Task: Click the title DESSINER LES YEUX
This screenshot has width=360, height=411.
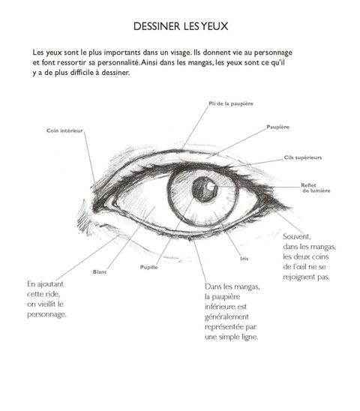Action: tap(181, 26)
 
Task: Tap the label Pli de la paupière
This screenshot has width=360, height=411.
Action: tap(231, 103)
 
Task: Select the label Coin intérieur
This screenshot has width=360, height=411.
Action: tap(64, 130)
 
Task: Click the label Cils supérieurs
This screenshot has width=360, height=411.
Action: tap(303, 157)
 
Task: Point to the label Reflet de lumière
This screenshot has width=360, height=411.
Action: tap(316, 188)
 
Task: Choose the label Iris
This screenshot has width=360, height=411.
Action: tap(244, 259)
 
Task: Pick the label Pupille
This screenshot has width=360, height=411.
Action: tap(149, 267)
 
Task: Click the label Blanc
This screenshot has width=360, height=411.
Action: tap(100, 272)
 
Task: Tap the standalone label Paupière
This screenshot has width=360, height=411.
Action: tap(278, 127)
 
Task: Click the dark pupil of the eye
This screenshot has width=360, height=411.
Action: tap(204, 189)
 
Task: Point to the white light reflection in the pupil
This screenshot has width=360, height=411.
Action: tap(210, 186)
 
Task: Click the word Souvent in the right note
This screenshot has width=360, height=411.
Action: tap(297, 237)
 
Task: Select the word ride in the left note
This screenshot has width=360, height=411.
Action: tap(55, 294)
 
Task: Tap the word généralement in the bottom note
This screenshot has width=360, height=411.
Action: tap(226, 317)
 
